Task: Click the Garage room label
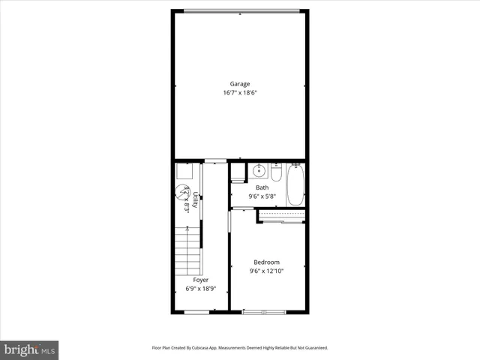[x=240, y=84]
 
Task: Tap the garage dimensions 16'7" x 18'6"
[x=240, y=93]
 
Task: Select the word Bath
[x=262, y=187]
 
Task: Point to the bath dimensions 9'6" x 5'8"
[x=262, y=196]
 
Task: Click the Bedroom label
[x=266, y=262]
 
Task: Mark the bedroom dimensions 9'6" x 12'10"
[x=266, y=271]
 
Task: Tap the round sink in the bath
[x=259, y=171]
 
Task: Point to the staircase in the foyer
[x=188, y=250]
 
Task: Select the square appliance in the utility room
[x=183, y=172]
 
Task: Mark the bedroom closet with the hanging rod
[x=281, y=216]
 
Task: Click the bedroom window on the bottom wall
[x=263, y=311]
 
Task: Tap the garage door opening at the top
[x=240, y=10]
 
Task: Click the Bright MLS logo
[x=30, y=349]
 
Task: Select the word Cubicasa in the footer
[x=209, y=348]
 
